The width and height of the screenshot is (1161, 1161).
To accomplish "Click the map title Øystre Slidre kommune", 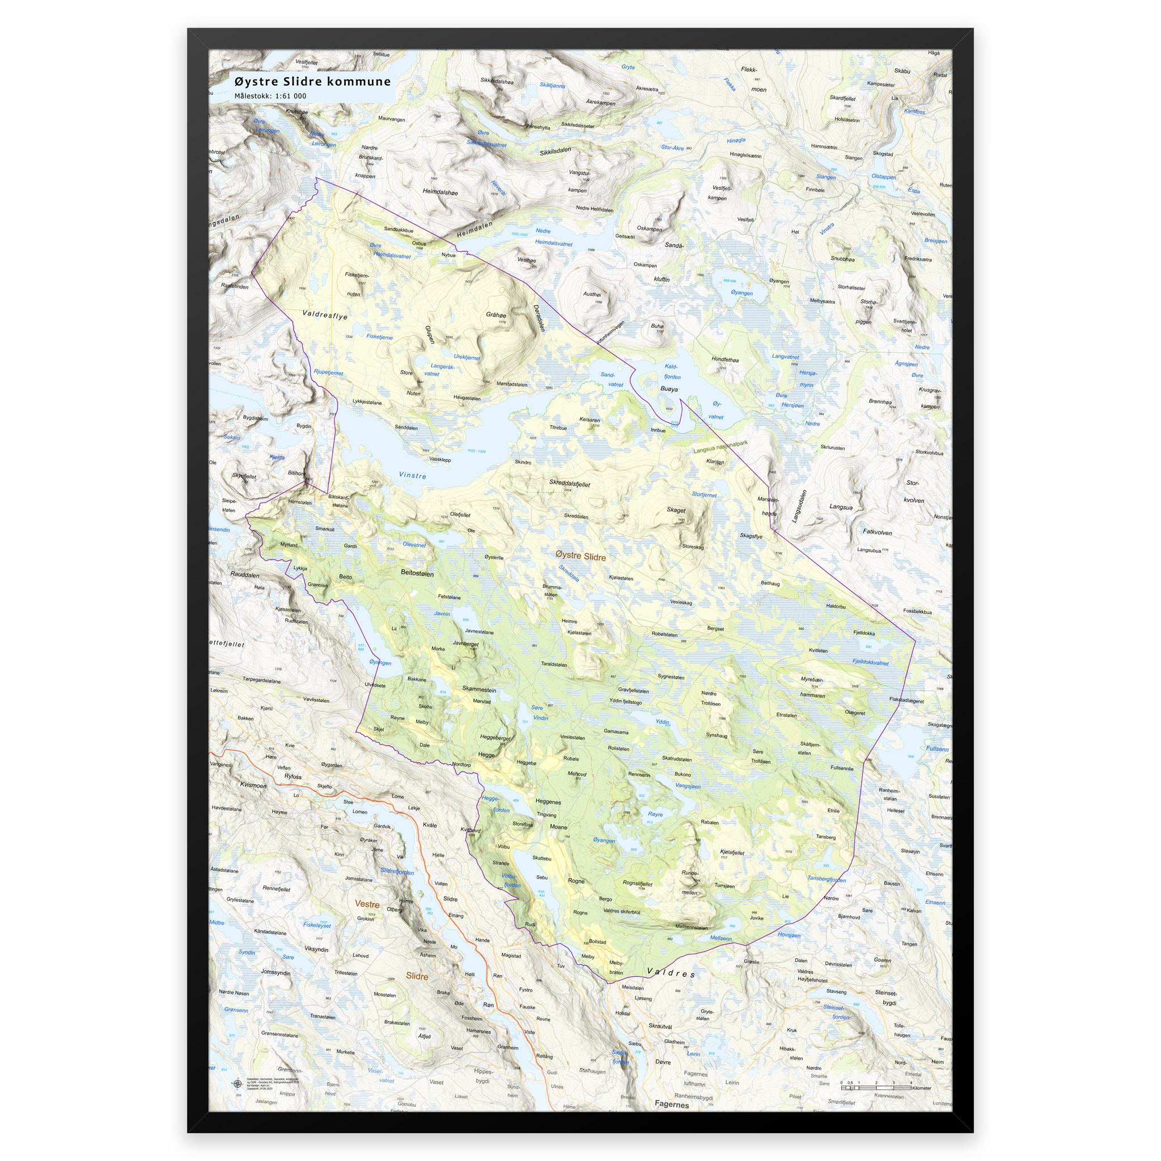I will coord(312,82).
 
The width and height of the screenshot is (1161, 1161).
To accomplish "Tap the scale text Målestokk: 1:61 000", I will coord(270,96).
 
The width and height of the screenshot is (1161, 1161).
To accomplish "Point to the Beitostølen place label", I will coord(417,574).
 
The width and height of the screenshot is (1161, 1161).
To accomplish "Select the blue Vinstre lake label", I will coord(413,475).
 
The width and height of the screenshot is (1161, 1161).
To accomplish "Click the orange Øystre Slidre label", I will coord(580,557).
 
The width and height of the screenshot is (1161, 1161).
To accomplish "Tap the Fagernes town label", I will coord(671,1104).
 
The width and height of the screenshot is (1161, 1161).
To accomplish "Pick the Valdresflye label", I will coord(324,315).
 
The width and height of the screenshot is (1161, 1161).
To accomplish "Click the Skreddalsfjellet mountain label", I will coord(569,484).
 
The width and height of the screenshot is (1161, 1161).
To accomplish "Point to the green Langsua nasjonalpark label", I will coord(721,447).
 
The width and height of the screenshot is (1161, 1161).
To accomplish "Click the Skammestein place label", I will coord(479,690).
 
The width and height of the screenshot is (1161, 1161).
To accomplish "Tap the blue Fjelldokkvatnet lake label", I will coord(870,662).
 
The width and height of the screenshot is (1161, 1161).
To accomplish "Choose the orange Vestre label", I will coord(367,904).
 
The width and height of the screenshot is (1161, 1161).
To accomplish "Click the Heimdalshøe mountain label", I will coord(440,192).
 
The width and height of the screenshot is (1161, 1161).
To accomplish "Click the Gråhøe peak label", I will coord(496,315).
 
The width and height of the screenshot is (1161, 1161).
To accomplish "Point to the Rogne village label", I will coord(576,881).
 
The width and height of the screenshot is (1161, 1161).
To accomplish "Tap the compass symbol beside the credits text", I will coord(237,1084).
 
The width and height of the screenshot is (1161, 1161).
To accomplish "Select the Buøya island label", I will coord(669,389).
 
